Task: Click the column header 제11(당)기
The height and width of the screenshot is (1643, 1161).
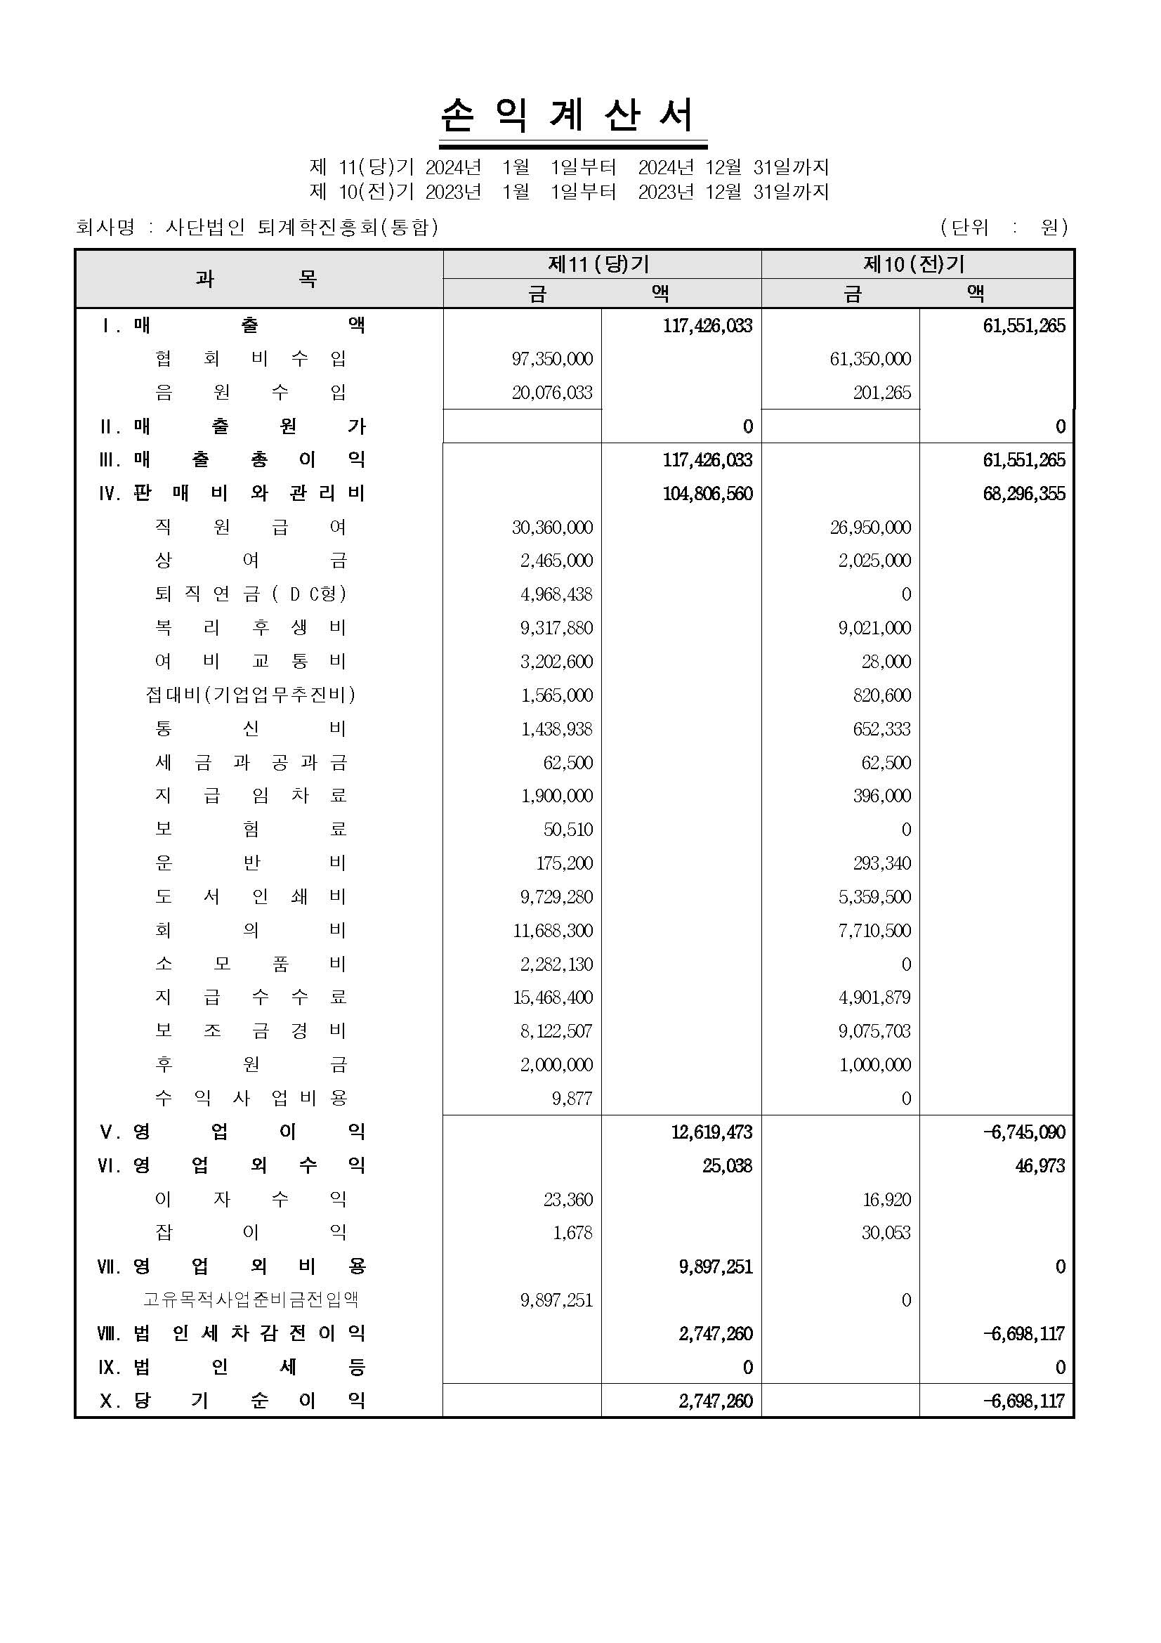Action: [599, 264]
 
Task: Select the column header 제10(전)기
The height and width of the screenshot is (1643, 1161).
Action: [915, 264]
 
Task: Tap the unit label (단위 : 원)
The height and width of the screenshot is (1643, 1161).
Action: [1004, 228]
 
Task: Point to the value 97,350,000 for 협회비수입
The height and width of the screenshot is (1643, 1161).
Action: [551, 359]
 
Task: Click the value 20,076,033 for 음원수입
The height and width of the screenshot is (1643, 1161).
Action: [551, 393]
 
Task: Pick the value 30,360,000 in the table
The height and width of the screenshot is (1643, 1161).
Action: [551, 528]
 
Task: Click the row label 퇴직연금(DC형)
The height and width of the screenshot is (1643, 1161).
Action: [250, 594]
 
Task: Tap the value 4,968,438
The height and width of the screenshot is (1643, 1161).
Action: [556, 595]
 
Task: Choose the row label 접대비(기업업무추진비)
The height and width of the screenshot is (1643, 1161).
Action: [250, 695]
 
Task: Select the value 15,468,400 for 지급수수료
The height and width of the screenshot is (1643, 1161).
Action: [551, 997]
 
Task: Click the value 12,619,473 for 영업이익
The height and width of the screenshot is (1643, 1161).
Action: [711, 1132]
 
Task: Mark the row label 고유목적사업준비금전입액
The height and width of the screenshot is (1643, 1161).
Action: [250, 1300]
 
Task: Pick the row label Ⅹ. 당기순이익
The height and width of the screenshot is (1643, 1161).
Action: [232, 1401]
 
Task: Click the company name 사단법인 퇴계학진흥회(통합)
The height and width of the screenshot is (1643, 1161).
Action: [301, 228]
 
